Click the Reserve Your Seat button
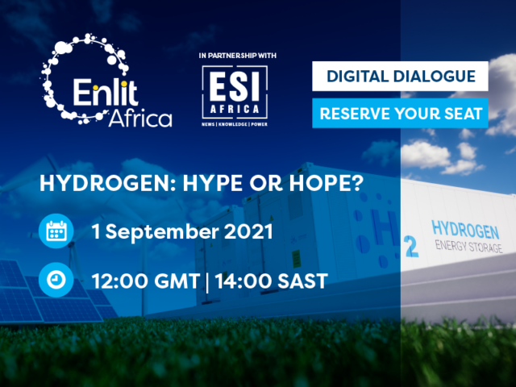point(400,113)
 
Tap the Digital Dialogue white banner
point(400,76)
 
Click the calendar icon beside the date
point(56,231)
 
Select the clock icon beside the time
point(56,280)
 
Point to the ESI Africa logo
point(235,95)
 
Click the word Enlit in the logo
point(105,92)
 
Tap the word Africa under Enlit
point(140,119)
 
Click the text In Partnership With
point(238,56)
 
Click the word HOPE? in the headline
point(326,183)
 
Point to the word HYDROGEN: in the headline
point(109,183)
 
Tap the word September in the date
point(162,232)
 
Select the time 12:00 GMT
point(146,281)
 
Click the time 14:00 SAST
point(271,281)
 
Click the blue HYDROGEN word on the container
point(465,229)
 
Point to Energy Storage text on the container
point(468,247)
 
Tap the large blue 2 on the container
point(411,246)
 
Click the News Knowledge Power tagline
point(235,124)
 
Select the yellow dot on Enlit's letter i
point(96,88)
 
